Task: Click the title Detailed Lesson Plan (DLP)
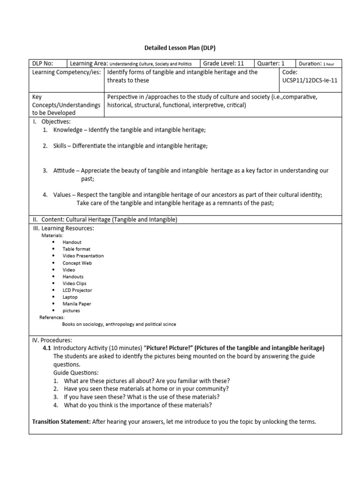[x=180, y=47]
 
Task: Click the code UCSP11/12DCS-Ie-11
[x=310, y=80]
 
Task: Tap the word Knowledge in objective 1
[x=67, y=129]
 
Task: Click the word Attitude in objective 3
[x=63, y=171]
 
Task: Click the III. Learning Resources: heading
[x=63, y=228]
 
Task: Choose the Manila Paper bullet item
[x=77, y=304]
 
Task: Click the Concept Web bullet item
[x=77, y=263]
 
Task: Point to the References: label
[x=52, y=317]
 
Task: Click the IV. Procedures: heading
[x=52, y=340]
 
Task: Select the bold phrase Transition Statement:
[x=61, y=421]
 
